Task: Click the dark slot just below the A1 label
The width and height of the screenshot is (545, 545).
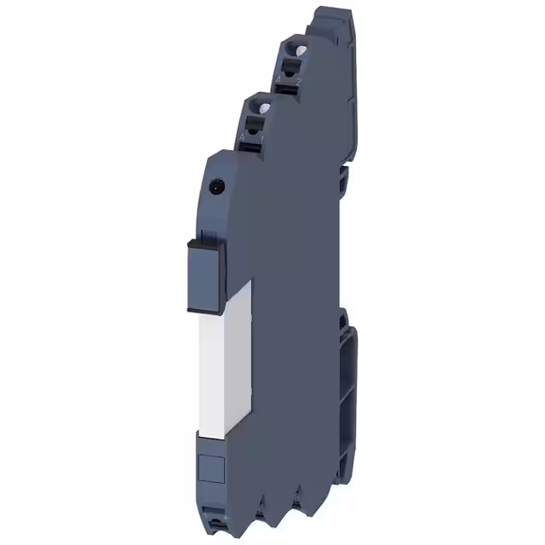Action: point(254,146)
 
